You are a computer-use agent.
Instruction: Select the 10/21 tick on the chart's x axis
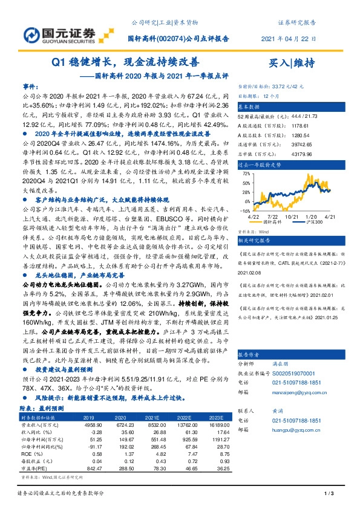(x=293, y=216)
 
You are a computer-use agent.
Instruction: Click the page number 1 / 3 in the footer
(x=330, y=496)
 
